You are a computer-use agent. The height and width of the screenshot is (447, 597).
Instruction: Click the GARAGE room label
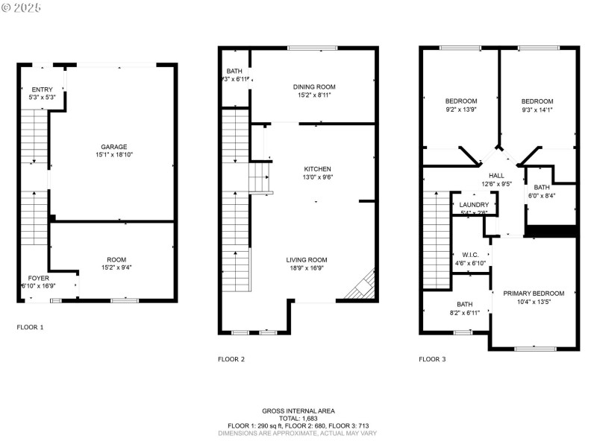tap(114, 147)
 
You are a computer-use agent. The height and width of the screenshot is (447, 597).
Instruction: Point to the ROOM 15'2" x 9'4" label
tap(114, 259)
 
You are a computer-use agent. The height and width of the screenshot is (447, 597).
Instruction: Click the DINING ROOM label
tap(313, 87)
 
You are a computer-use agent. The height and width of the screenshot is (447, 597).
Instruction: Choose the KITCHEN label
tap(317, 169)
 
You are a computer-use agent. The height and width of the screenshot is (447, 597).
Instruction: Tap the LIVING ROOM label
tap(307, 260)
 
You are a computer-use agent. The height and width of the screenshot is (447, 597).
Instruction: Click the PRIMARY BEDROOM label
tap(533, 294)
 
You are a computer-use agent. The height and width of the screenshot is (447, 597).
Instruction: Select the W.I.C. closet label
tap(470, 254)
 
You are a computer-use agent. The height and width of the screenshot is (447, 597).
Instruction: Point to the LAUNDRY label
tap(474, 205)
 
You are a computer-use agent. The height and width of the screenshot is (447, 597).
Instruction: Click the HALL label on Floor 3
tap(496, 175)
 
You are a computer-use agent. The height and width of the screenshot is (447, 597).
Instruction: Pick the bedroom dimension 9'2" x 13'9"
tap(460, 110)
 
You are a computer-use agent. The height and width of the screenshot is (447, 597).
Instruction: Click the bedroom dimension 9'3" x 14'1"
tap(537, 110)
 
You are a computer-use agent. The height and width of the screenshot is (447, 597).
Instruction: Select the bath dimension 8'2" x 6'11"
tap(464, 313)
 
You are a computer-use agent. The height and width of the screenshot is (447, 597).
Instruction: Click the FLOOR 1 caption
tap(31, 327)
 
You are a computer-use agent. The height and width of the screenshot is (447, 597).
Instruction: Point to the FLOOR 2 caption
tap(231, 359)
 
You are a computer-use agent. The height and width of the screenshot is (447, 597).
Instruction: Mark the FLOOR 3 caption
tap(432, 359)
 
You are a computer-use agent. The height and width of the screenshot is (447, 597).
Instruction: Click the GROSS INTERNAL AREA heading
tap(298, 410)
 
